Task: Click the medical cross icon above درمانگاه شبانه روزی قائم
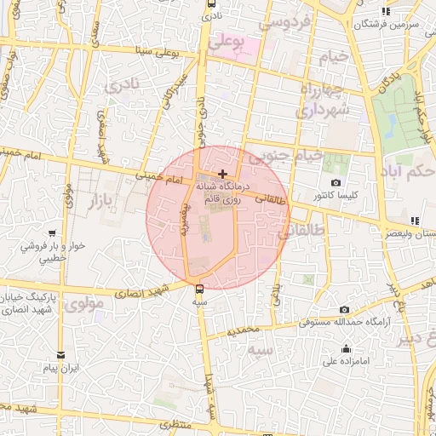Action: coord(223,174)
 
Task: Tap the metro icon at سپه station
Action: coord(199,288)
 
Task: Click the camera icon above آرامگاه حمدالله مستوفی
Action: coord(344,310)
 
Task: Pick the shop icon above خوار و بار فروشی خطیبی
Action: coord(52,232)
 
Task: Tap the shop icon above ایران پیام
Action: coord(60,355)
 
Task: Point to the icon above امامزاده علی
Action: coord(347,348)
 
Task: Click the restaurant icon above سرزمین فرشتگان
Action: coord(386,12)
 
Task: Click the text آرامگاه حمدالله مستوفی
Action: coord(344,324)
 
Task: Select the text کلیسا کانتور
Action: coord(336,196)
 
